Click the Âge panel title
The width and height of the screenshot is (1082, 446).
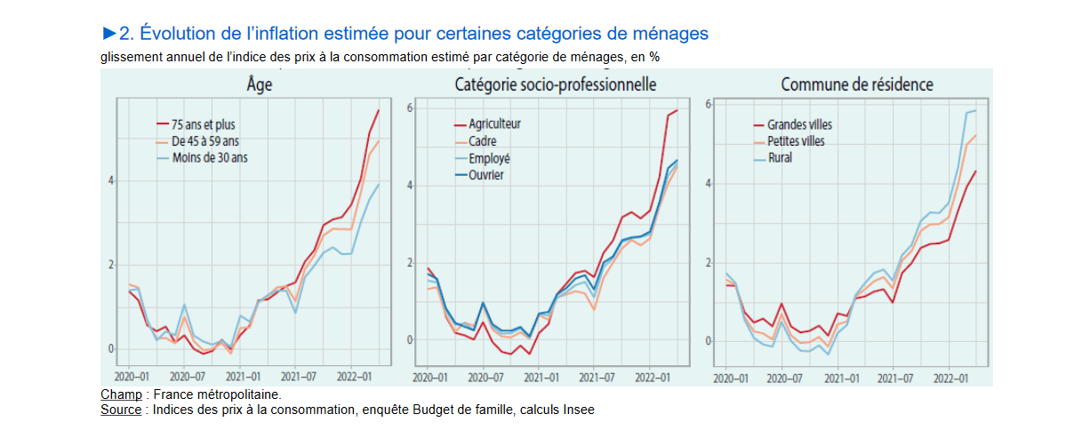coord(260,85)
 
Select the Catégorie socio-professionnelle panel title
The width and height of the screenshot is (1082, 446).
coord(555,85)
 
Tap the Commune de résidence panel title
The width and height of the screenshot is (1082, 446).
coord(856,85)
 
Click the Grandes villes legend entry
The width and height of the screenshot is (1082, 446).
coord(799,124)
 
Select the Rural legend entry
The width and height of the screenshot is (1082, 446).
coord(780,158)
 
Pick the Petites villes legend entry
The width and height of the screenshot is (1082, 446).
coord(796,141)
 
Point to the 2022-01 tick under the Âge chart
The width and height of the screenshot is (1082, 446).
coord(354,377)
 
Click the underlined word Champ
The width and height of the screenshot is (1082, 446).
coord(121,394)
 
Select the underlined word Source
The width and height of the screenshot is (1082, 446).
coord(121,410)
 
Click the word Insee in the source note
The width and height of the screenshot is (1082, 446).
coord(578,410)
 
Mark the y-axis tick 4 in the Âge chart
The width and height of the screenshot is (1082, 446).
coord(111,181)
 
